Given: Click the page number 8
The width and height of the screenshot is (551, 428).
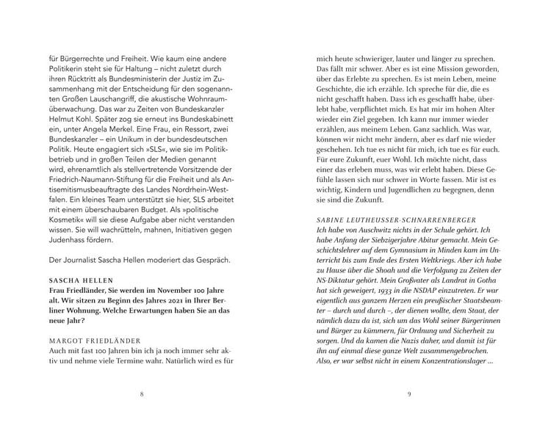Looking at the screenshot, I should (x=142, y=394).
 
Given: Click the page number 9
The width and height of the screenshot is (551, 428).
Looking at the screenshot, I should (x=408, y=394).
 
